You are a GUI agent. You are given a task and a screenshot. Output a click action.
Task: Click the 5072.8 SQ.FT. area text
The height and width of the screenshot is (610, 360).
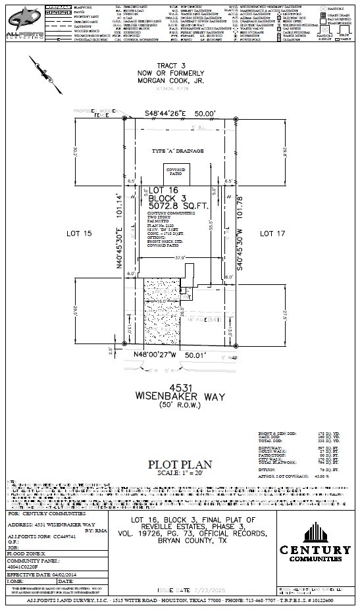(178, 205)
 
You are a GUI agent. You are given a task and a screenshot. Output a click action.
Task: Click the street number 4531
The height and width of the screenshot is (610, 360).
(181, 386)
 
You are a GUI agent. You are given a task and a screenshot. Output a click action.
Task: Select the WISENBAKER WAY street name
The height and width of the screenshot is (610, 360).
(181, 396)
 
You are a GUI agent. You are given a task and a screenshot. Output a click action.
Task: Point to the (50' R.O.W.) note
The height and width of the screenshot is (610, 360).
(181, 405)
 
